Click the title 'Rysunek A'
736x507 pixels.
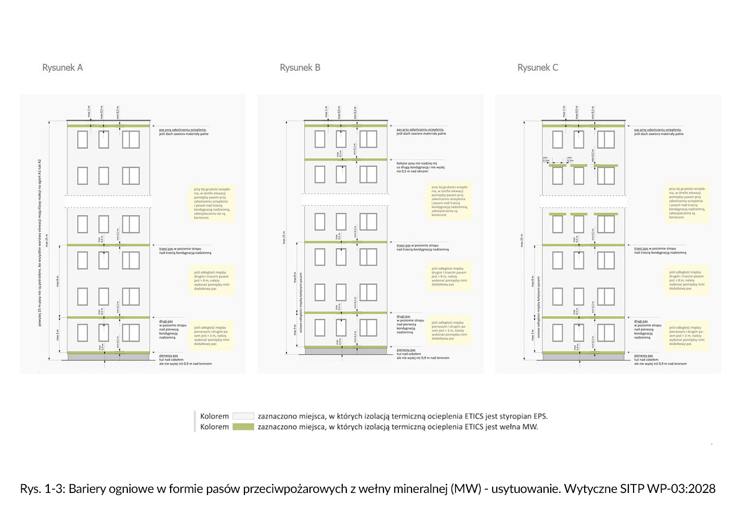62,68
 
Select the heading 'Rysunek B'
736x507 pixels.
300,68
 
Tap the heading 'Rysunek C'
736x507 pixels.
538,68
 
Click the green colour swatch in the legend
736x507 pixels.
243,427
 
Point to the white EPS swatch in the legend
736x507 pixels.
243,416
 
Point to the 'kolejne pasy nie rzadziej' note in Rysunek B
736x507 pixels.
420,167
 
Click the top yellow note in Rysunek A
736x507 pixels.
212,203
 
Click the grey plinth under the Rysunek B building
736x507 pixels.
345,352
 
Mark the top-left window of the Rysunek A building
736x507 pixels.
83,139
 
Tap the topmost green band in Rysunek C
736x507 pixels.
583,125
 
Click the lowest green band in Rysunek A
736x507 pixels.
108,353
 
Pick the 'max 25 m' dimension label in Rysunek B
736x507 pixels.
284,238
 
